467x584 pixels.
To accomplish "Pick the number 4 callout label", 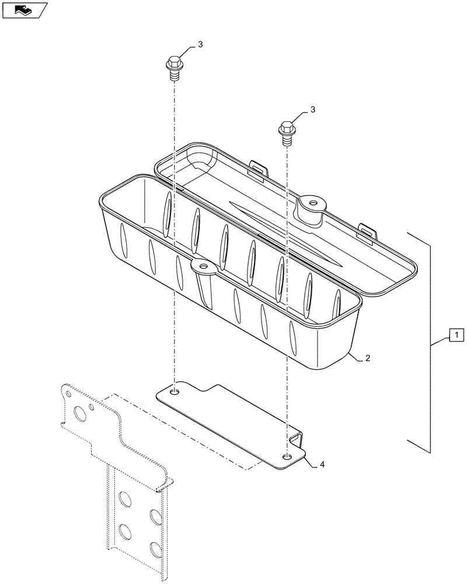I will [x=322, y=465].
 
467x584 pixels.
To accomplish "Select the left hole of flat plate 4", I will [x=175, y=391].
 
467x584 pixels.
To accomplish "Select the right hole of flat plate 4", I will [x=287, y=456].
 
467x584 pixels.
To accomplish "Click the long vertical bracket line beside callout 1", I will [x=431, y=345].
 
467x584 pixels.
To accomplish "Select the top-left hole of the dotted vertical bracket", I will [x=124, y=498].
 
